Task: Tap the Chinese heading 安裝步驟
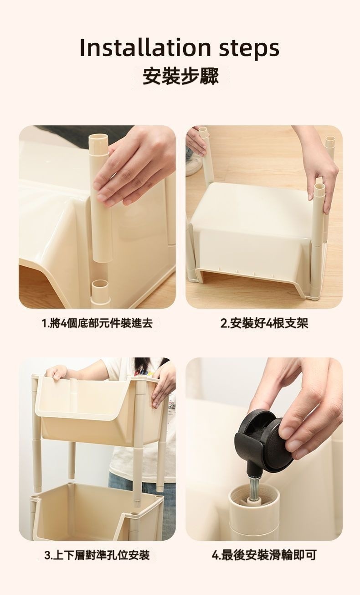[x=180, y=76]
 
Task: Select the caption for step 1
[x=97, y=323]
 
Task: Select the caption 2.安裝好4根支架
[x=264, y=323]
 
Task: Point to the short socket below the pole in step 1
[x=101, y=292]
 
